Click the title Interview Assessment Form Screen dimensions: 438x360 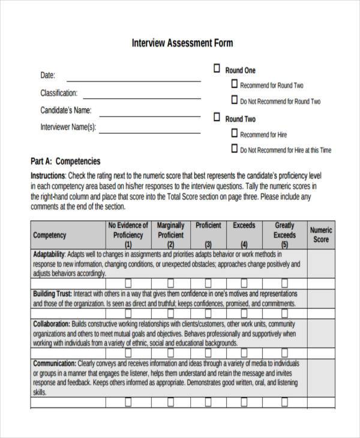click(182, 43)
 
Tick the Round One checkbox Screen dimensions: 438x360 click(217, 70)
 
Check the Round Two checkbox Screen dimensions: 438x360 click(217, 118)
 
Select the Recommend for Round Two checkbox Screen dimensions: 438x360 click(234, 85)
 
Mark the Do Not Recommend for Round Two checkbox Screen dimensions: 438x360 click(234, 101)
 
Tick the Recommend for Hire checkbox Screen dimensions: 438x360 click(234, 134)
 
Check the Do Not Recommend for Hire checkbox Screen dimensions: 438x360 click(234, 149)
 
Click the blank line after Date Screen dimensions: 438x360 click(133, 79)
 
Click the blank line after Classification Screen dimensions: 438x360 click(143, 97)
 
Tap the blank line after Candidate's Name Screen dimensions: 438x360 click(150, 114)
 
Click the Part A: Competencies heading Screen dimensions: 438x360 click(65, 161)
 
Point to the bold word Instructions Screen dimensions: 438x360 click(47, 176)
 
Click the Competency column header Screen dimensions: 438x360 click(50, 236)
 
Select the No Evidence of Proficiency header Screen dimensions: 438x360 click(128, 235)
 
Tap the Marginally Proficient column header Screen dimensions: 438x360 click(170, 235)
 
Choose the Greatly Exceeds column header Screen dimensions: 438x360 click(284, 235)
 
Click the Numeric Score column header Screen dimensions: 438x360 click(321, 235)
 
